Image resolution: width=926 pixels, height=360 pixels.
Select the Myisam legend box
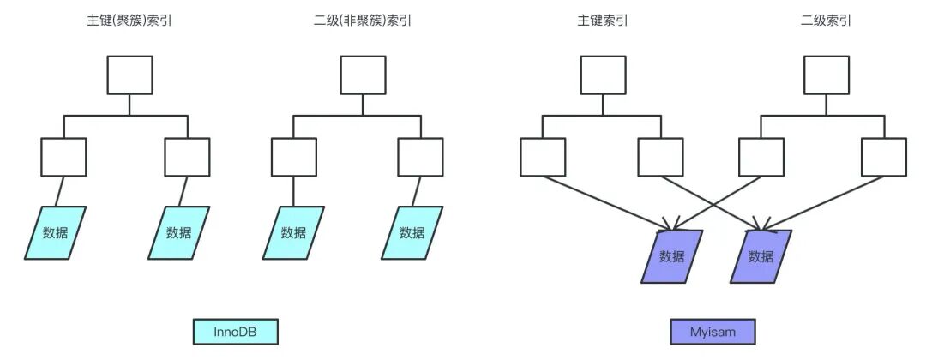(713, 332)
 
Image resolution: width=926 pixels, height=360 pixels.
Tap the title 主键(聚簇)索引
(129, 21)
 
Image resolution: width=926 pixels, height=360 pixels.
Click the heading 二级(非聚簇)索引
(363, 21)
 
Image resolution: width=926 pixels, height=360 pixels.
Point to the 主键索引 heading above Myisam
(603, 21)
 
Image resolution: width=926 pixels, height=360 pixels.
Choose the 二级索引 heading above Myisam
(826, 21)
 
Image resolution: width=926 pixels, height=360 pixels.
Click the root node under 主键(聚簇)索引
(129, 75)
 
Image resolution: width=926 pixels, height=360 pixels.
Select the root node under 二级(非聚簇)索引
(363, 75)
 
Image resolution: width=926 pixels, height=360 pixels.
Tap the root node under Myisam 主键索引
(603, 75)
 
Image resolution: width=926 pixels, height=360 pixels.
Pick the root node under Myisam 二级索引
(826, 75)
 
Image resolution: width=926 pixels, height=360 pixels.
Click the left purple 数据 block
(672, 256)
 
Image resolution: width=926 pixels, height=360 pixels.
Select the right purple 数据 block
(761, 256)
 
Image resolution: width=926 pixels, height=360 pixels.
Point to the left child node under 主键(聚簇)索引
(63, 158)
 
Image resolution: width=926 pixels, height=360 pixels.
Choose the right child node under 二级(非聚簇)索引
(420, 158)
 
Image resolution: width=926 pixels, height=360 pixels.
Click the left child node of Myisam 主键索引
(543, 158)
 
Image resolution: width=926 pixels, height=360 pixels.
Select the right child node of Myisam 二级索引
(884, 158)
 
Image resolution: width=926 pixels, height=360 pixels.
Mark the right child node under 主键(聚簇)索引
(187, 158)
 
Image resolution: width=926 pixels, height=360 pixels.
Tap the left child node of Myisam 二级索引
(761, 158)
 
